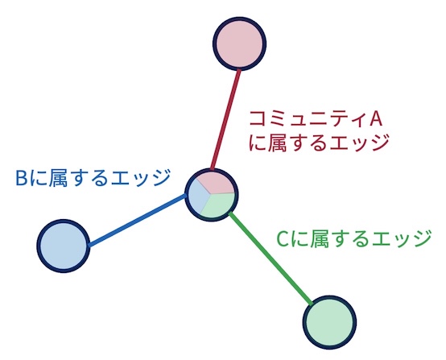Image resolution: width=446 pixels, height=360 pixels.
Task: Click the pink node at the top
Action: tap(239, 43)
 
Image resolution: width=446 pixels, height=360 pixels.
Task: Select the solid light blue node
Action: tap(64, 246)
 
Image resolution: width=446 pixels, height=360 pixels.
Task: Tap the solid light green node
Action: tap(329, 322)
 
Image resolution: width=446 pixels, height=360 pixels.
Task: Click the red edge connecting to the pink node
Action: tap(226, 119)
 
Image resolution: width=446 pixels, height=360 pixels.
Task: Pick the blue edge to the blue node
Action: tap(138, 220)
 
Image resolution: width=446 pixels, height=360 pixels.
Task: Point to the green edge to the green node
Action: tap(270, 259)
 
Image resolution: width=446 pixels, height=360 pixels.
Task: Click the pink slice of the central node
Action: tap(217, 183)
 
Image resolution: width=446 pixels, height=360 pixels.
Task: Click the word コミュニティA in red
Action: tap(316, 119)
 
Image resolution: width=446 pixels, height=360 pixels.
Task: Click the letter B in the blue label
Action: tap(21, 178)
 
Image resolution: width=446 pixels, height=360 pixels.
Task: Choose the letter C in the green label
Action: tap(283, 239)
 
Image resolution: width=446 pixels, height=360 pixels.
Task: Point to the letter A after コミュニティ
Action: tap(375, 119)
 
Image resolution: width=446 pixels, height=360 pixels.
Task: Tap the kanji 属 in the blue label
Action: tap(58, 178)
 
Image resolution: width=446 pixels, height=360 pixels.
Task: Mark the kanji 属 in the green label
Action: tap(320, 239)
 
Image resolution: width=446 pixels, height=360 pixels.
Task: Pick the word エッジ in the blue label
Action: tap(141, 178)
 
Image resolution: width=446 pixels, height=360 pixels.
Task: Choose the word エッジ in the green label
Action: tap(403, 239)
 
